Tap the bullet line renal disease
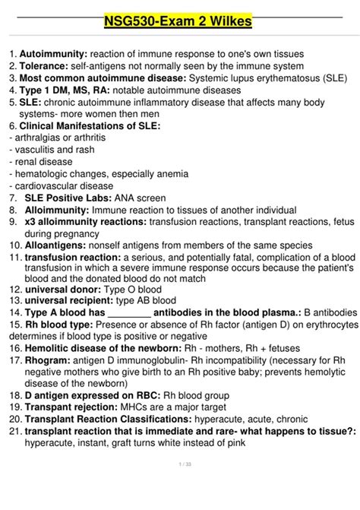coord(41,162)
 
